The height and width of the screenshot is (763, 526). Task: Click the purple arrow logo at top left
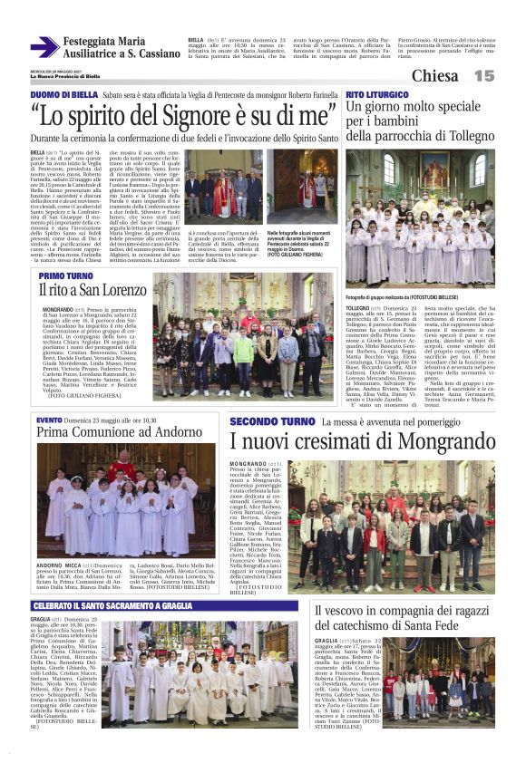[x=44, y=47]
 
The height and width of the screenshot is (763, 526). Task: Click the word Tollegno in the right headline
[x=464, y=136]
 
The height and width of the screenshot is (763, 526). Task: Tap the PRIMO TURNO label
[x=65, y=275]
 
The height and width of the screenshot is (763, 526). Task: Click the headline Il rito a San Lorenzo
[x=92, y=290]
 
